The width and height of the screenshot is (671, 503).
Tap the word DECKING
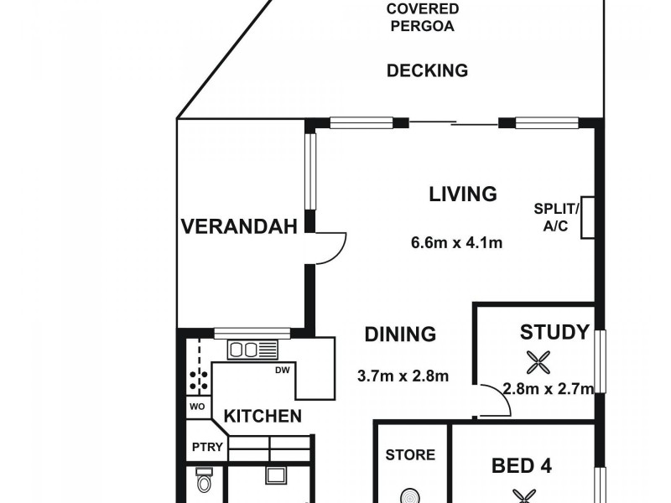point(427,70)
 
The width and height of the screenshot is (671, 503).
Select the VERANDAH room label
point(239,226)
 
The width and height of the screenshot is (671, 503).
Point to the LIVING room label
point(463,194)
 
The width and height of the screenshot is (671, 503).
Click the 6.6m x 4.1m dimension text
point(456,243)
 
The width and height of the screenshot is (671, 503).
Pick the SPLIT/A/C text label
point(555,216)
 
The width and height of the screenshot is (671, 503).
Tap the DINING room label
point(400,334)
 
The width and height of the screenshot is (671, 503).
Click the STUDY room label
point(554,332)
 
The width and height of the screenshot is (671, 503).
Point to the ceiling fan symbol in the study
point(537,362)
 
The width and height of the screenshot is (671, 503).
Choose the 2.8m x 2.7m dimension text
point(549,388)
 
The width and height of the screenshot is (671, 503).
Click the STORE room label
point(410,455)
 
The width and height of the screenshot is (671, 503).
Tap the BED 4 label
point(520,464)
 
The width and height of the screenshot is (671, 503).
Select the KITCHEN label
point(262,416)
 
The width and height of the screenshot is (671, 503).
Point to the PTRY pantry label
point(206,447)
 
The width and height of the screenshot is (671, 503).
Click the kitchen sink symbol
point(252,350)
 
